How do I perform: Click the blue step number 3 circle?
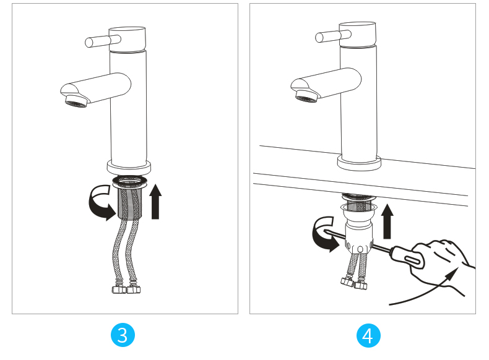[123, 335]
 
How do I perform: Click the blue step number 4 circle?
[368, 335]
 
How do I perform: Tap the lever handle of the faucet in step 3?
[103, 41]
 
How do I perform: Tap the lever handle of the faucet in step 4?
[333, 36]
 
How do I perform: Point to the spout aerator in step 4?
[307, 96]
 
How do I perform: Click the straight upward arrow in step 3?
[155, 202]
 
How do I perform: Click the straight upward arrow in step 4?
[387, 221]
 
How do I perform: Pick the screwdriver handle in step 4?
[408, 257]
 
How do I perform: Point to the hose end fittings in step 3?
[126, 289]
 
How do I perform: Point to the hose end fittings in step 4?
[354, 283]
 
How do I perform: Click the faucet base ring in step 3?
[129, 168]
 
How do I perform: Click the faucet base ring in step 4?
[359, 163]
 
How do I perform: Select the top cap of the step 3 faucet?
[128, 39]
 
